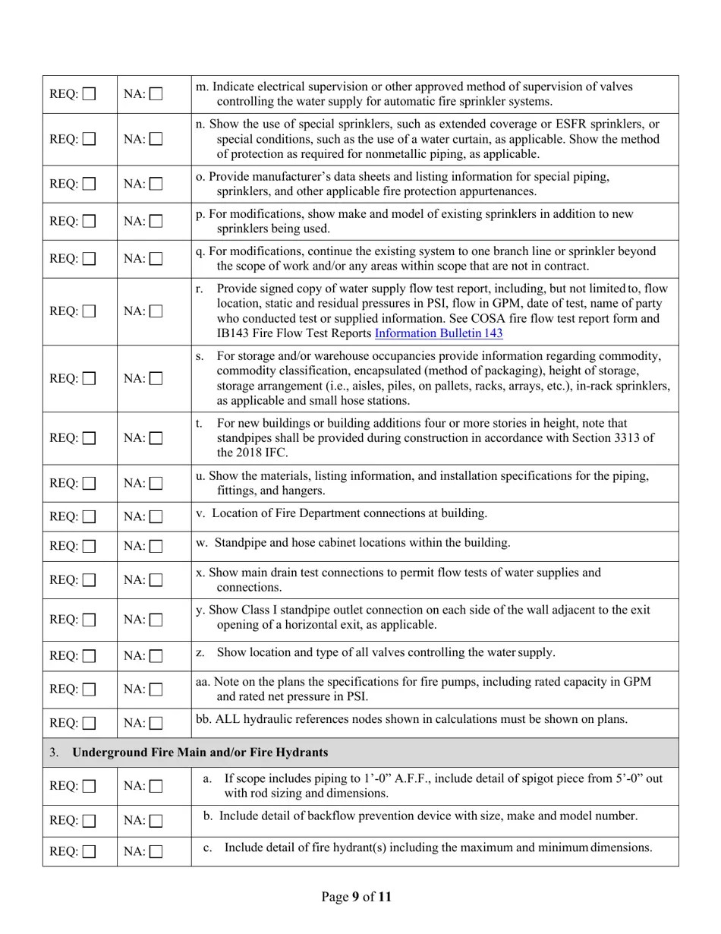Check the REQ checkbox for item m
tap(90, 94)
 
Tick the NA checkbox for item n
tap(156, 139)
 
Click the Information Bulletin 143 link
tap(439, 333)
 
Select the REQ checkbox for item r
tap(90, 311)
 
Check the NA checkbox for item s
tap(156, 378)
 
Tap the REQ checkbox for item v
tap(90, 516)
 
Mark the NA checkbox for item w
tap(156, 546)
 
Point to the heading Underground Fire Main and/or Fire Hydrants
tap(200, 753)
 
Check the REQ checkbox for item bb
tap(90, 723)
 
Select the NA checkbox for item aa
tap(156, 689)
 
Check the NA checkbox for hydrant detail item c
tap(156, 851)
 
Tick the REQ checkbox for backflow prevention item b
tap(90, 820)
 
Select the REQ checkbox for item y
tap(90, 619)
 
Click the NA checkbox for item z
tap(156, 655)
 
